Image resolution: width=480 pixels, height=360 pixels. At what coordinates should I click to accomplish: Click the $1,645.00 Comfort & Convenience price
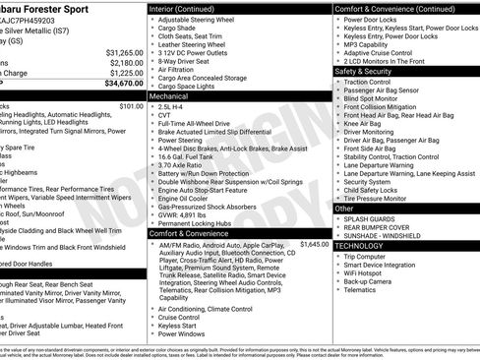coord(314,243)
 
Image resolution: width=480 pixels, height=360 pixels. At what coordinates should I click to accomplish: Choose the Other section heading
coord(345,209)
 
